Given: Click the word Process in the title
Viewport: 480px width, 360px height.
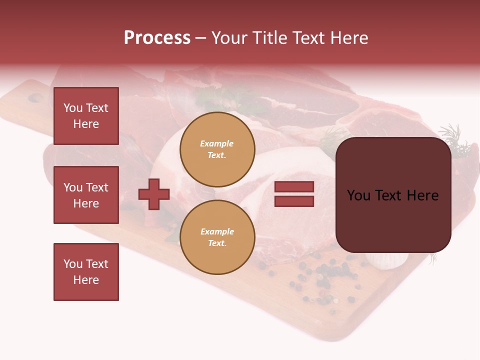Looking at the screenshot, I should click(x=157, y=38).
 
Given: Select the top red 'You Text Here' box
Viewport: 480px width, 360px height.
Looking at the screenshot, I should click(x=86, y=116).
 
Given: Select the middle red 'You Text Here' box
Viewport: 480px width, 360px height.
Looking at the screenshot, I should click(x=86, y=195).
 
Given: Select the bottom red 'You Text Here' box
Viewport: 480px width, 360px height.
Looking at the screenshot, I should click(x=86, y=272).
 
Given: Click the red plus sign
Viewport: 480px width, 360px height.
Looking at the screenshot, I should click(x=154, y=194).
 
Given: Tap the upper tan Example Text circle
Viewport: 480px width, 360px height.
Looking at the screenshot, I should click(x=217, y=149).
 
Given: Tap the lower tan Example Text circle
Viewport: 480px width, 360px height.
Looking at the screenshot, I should click(x=217, y=237).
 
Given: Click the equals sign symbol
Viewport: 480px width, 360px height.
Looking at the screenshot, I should click(x=294, y=194).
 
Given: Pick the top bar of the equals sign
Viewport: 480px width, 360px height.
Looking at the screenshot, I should click(x=294, y=186).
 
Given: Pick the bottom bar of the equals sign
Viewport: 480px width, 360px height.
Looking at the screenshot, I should click(x=294, y=201).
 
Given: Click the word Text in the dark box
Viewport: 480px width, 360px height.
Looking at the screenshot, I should click(x=394, y=195).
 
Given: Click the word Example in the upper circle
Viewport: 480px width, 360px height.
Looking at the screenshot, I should click(x=216, y=143).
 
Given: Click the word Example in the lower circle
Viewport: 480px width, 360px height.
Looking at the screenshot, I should click(x=217, y=231).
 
